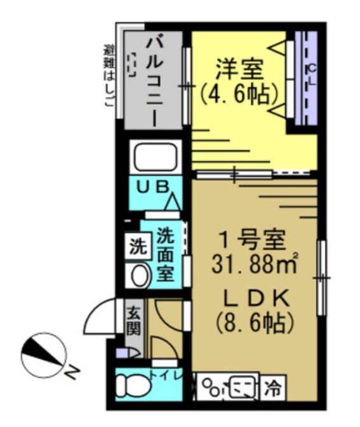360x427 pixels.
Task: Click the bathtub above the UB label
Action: coord(156,156)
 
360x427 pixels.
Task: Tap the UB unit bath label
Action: coord(153,187)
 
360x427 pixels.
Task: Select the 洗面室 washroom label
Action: coord(166,254)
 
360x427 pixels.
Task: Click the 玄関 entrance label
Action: coord(134,322)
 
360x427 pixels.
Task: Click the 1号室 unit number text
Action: coord(252,240)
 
